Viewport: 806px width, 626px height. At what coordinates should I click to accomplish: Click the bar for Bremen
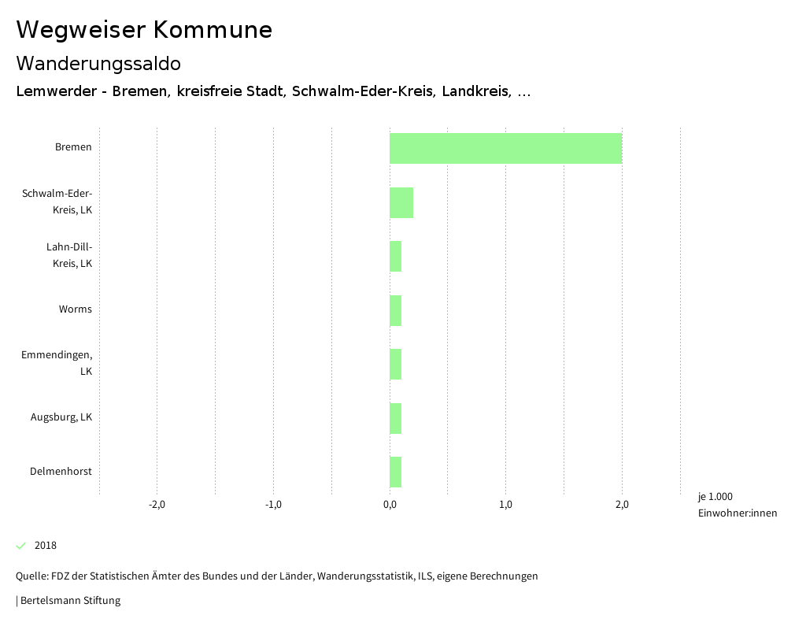(x=505, y=148)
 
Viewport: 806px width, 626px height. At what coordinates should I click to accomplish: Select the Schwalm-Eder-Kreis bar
(x=401, y=202)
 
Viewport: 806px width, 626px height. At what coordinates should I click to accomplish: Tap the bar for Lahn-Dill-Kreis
(x=396, y=256)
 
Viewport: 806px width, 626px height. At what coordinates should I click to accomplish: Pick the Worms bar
(x=396, y=310)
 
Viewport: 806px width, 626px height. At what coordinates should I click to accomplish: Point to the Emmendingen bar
(x=396, y=364)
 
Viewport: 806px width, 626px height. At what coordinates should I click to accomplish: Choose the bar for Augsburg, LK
(x=396, y=418)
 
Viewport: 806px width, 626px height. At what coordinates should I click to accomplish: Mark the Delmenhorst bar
(x=396, y=472)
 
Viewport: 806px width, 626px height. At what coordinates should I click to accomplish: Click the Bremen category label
(x=73, y=147)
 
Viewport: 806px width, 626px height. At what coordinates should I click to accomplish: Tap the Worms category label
(x=75, y=309)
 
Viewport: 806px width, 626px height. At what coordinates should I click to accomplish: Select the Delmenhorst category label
(x=61, y=472)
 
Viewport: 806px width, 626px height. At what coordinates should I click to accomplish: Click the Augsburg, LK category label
(x=61, y=417)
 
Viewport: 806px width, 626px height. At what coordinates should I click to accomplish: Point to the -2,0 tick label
(x=157, y=505)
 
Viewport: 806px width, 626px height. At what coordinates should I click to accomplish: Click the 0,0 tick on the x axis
(x=390, y=505)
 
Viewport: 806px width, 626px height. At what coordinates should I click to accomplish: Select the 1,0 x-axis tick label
(x=505, y=505)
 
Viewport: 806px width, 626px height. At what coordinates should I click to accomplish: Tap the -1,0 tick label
(x=273, y=505)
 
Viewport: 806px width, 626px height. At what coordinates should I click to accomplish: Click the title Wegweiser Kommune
(x=144, y=30)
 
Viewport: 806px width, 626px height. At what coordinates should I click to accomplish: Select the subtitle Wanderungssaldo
(x=98, y=63)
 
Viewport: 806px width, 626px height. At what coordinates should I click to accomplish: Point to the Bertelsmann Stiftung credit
(x=69, y=601)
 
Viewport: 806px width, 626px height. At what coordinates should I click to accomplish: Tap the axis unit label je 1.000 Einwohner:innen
(x=737, y=505)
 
